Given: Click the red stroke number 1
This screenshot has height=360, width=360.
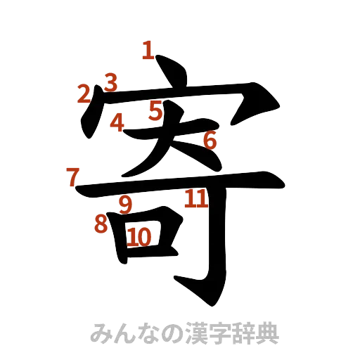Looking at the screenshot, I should [x=147, y=50].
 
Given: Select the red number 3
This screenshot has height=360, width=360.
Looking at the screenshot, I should [x=110, y=82].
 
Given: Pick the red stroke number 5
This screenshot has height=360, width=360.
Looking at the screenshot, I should [x=156, y=110].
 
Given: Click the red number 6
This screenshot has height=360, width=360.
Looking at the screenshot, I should [x=210, y=141].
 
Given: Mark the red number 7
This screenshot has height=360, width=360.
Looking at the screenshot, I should [x=72, y=176].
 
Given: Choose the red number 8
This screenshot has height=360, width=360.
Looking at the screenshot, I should [x=101, y=224].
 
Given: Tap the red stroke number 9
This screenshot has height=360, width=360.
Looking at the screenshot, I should [x=125, y=205].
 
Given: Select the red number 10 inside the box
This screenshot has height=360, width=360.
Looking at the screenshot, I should [x=139, y=237].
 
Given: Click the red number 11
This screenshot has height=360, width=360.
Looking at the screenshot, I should [x=196, y=198].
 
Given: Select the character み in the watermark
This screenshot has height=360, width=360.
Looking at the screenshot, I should [x=101, y=333].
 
